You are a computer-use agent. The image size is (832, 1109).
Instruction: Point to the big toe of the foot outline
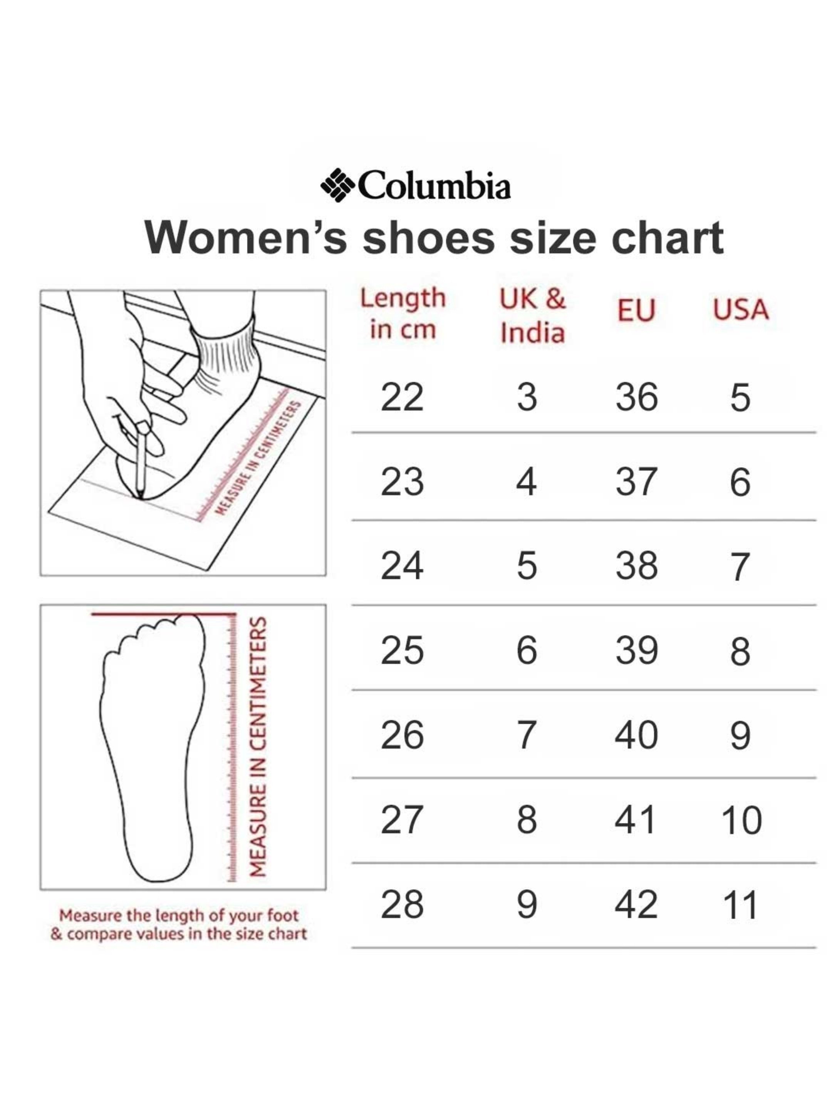(x=188, y=624)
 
